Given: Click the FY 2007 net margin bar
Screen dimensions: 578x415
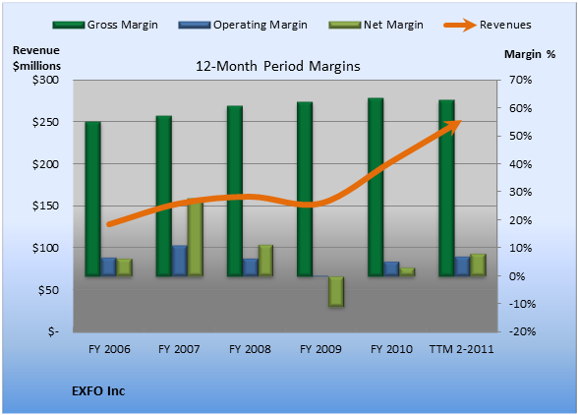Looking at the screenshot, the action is [196, 237].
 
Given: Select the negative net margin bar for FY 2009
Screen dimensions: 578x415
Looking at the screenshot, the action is [336, 291].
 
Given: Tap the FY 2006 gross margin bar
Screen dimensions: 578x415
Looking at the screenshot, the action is [92, 199].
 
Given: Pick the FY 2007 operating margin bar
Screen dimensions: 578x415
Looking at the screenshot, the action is [180, 261].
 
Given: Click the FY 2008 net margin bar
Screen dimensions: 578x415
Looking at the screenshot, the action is [265, 261].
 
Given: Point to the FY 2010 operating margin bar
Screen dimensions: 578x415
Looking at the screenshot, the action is [391, 268].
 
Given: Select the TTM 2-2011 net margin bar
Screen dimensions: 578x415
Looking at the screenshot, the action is [478, 265].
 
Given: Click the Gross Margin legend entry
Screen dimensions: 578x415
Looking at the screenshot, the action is [105, 25].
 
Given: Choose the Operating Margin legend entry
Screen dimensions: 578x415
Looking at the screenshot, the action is [243, 25].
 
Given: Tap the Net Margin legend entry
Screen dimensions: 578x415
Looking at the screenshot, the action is [376, 25].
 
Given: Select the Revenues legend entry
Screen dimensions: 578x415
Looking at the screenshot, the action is [488, 25].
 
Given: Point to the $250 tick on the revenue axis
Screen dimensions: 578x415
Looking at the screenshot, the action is [45, 122].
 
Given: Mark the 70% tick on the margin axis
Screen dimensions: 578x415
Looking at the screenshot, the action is [521, 80].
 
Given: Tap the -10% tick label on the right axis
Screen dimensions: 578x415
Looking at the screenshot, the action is [522, 304].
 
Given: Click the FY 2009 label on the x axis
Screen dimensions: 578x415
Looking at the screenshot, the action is [320, 349].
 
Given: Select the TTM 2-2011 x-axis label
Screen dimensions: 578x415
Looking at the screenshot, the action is [462, 349].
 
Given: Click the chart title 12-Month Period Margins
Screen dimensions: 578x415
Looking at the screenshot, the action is [278, 67].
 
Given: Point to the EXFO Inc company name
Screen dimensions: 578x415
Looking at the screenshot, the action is [98, 391].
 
